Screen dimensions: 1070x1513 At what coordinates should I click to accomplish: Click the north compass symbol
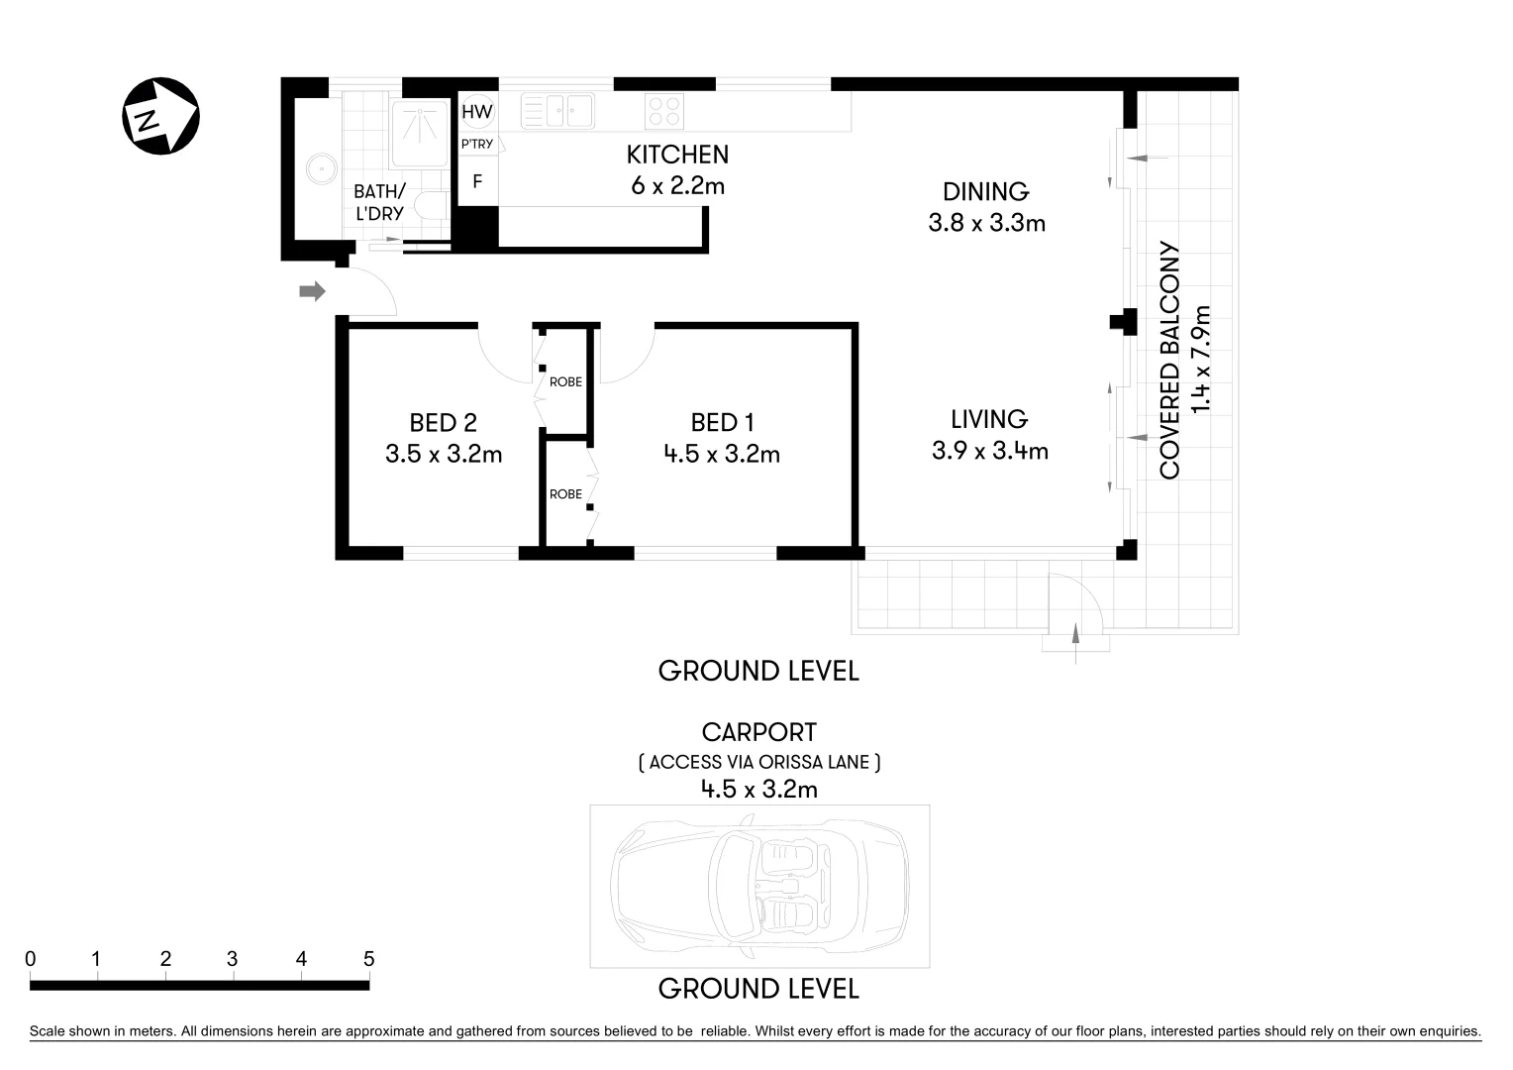click(160, 117)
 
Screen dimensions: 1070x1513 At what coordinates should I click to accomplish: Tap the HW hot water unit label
click(476, 112)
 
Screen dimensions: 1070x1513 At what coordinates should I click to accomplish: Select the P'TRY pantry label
click(477, 145)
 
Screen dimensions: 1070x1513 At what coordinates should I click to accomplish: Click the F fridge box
click(477, 182)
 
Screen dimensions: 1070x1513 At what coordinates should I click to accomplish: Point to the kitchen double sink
click(556, 111)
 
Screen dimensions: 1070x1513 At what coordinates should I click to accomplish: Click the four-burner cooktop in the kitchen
click(663, 111)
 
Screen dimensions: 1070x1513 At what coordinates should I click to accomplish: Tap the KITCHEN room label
click(677, 155)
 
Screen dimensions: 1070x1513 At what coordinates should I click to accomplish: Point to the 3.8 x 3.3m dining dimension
click(986, 223)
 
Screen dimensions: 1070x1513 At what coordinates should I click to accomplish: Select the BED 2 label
click(443, 423)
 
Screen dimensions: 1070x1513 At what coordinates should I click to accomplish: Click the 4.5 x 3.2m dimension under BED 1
click(722, 455)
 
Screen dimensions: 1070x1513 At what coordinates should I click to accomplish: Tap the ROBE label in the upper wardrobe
click(565, 381)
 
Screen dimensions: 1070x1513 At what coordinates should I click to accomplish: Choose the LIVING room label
click(988, 419)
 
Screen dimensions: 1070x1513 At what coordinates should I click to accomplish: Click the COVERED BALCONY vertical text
click(1170, 361)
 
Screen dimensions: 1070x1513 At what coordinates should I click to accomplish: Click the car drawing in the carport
click(759, 886)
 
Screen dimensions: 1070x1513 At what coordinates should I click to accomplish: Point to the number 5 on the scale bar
click(368, 959)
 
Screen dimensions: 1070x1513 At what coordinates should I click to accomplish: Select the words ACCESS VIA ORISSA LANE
click(758, 763)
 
